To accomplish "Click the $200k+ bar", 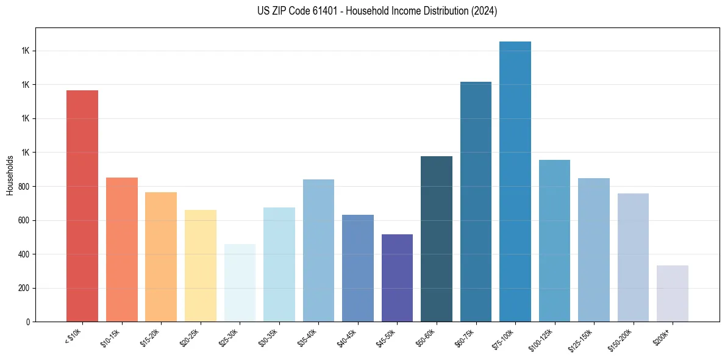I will (673, 293).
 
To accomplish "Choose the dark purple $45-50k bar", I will (397, 278).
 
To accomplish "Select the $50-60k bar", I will (437, 239).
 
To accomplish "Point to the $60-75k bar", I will (476, 201).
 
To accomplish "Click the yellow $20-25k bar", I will (201, 265).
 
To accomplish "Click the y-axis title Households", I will (10, 175).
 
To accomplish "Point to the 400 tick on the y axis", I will (24, 254).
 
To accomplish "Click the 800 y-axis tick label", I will (24, 186).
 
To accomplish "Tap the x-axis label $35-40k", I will (309, 337).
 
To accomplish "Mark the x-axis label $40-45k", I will (348, 337).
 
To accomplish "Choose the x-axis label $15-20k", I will (151, 337).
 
